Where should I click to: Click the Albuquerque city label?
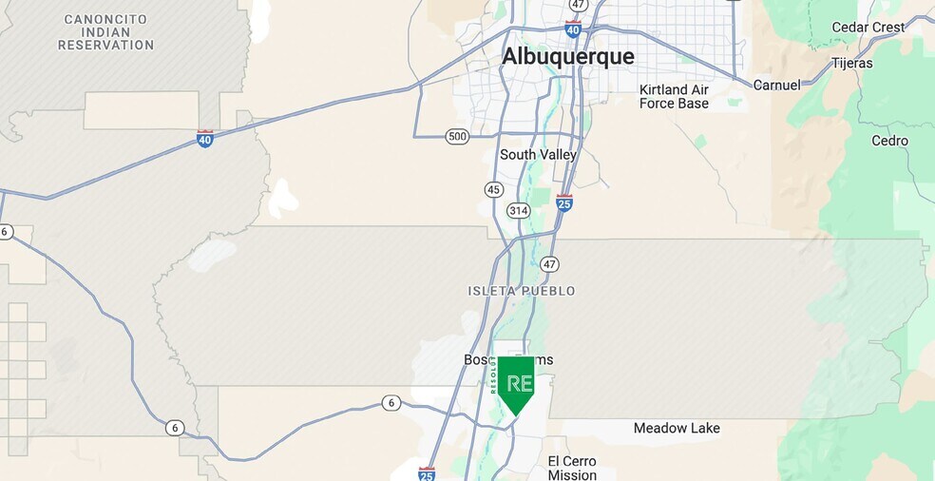coord(567,57)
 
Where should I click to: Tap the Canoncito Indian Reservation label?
coord(105,32)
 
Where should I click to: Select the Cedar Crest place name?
coord(868,28)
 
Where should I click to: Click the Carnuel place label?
coord(776,85)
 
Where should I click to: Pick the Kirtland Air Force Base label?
coord(674,96)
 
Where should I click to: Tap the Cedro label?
coord(889,141)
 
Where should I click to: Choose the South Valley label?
coord(538,155)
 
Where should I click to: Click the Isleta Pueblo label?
coord(522,291)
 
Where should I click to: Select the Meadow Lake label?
coord(677,428)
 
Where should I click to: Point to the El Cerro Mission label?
coord(572,468)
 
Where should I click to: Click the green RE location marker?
coord(516,383)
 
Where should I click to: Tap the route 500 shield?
coord(457,137)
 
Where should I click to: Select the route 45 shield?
coord(493,190)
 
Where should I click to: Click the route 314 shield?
coord(518,210)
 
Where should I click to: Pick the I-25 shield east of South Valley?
coord(563,202)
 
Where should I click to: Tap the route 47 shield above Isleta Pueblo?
coord(549,264)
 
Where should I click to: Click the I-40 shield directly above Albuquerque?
coord(573,29)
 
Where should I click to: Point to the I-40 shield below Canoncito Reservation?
coord(204,139)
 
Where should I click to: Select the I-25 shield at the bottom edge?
coord(427,472)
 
